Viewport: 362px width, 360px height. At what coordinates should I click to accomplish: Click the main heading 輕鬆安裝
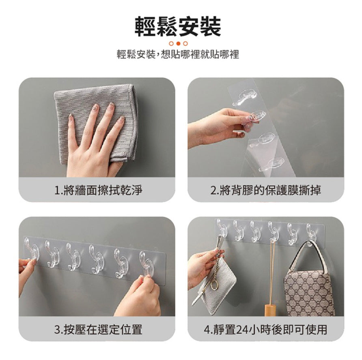click(x=178, y=26)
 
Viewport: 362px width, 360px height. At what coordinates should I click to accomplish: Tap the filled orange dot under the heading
click(x=178, y=43)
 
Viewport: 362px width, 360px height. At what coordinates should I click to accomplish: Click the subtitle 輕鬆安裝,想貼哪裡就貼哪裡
click(x=178, y=54)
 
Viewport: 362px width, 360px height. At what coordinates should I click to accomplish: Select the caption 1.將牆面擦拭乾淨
click(x=98, y=191)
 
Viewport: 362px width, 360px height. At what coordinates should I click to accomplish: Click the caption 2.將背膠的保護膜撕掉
click(x=266, y=191)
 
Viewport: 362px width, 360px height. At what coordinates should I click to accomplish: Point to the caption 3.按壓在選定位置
click(x=98, y=329)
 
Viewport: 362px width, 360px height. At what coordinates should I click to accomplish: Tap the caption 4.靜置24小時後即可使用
click(x=266, y=329)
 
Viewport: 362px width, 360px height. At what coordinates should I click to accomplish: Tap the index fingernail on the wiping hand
click(x=95, y=107)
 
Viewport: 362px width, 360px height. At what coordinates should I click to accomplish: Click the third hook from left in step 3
click(x=73, y=256)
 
